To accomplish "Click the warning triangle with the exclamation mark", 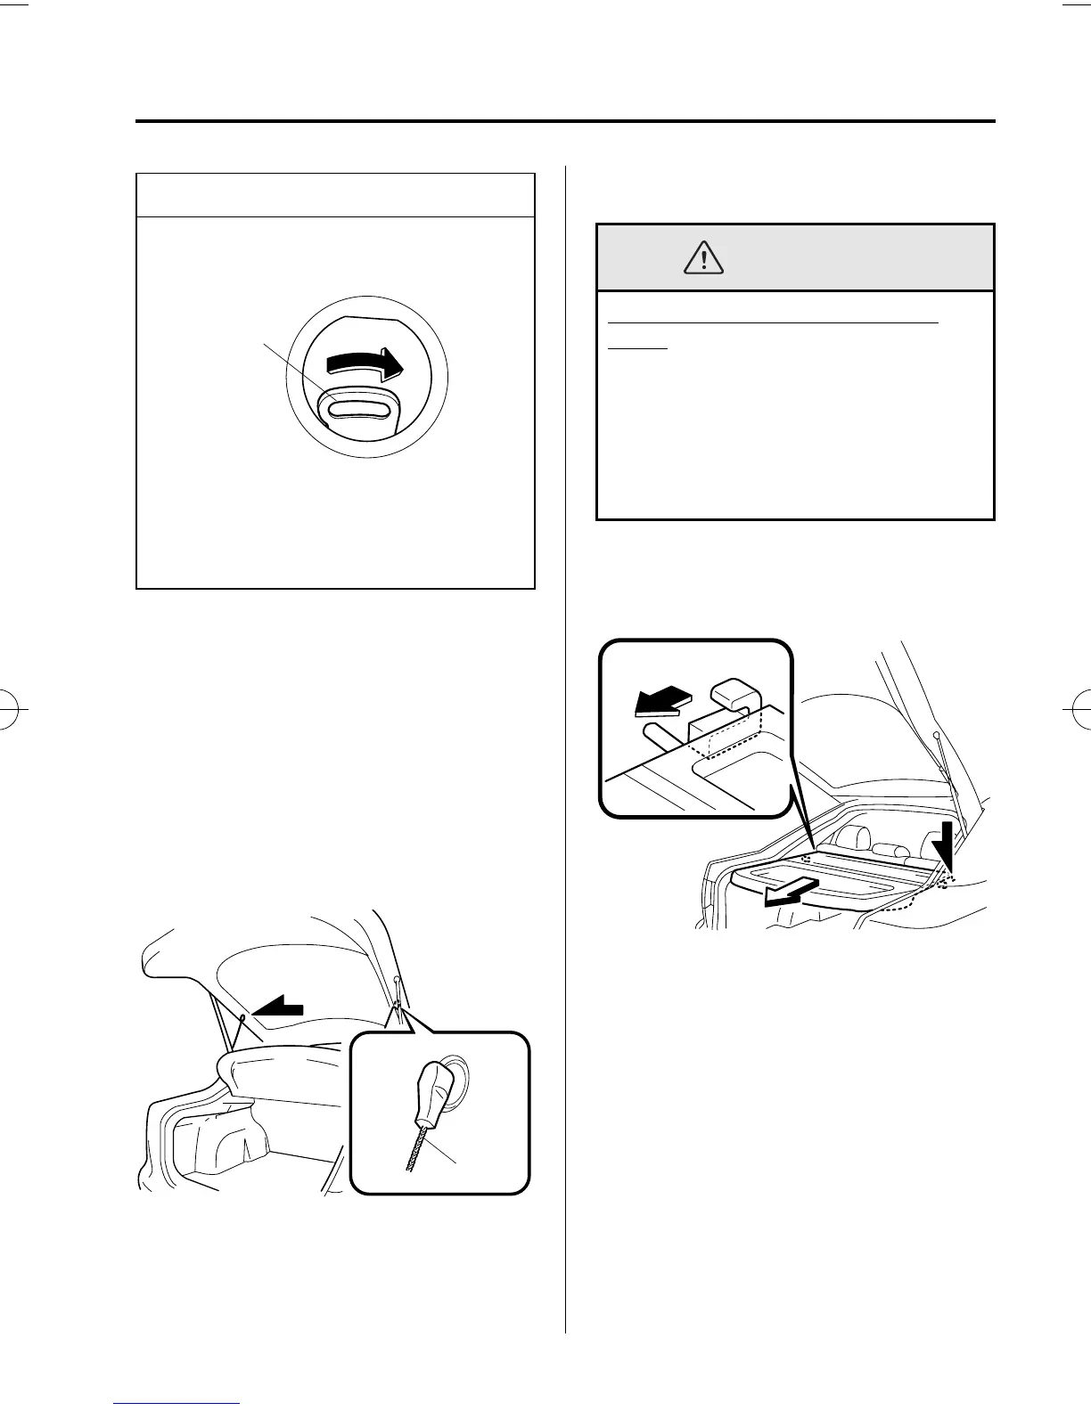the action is point(704,258).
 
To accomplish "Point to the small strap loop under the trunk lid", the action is point(242,1017).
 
